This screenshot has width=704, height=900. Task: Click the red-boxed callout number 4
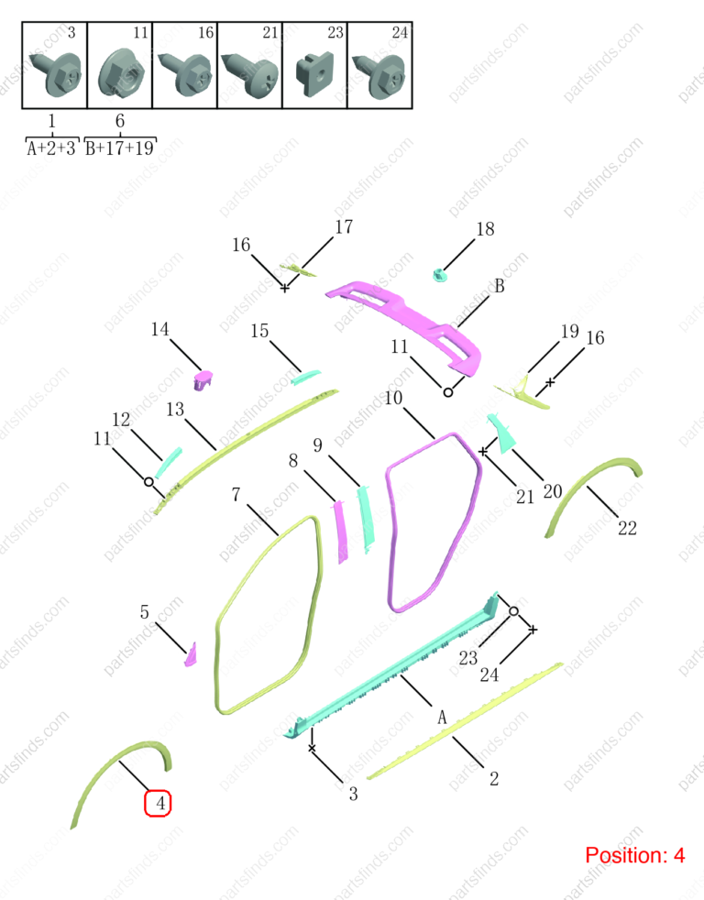(x=158, y=803)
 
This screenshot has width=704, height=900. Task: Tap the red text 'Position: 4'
(x=634, y=855)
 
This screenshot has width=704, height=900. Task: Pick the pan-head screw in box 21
(x=250, y=74)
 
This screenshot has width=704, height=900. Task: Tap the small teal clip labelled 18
(x=441, y=276)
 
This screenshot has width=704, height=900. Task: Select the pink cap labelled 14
(x=203, y=380)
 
